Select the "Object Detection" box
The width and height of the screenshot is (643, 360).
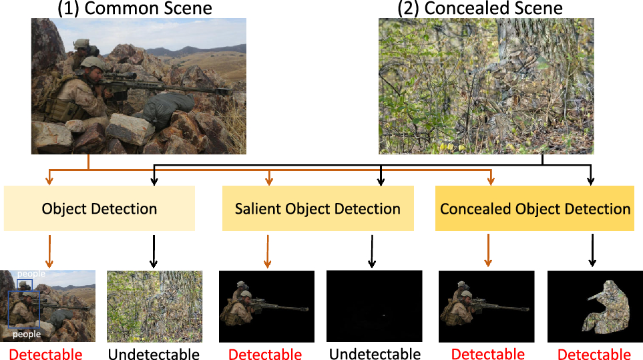pos(99,208)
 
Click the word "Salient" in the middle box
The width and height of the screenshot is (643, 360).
pos(258,208)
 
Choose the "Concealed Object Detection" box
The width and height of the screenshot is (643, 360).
pos(535,208)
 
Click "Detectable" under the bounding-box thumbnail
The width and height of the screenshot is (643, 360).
pos(45,354)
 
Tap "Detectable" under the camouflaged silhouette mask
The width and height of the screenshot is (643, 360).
pos(594,354)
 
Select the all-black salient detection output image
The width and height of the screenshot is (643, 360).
pos(374,306)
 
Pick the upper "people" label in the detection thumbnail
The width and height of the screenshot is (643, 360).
pos(31,274)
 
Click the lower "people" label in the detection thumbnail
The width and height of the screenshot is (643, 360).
pos(27,334)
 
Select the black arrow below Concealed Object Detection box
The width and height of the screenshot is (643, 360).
pos(590,250)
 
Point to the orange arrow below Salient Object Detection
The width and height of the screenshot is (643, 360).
pos(268,250)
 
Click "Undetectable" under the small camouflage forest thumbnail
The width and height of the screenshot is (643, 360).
pos(154,354)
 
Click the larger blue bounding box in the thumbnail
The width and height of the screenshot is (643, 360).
pos(24,308)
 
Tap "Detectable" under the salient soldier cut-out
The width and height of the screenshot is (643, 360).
pos(265,354)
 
